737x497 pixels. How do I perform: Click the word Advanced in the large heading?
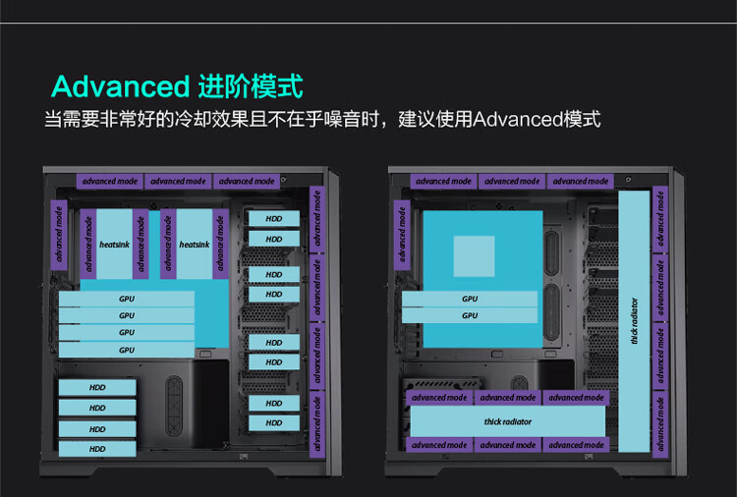click(x=119, y=86)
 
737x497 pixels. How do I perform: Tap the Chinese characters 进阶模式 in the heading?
click(x=250, y=85)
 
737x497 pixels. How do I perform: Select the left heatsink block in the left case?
click(x=111, y=244)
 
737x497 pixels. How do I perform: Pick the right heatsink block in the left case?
click(x=194, y=244)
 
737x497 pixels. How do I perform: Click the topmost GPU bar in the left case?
click(x=127, y=298)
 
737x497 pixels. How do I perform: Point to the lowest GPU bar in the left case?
click(x=127, y=350)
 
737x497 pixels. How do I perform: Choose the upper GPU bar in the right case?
click(x=470, y=299)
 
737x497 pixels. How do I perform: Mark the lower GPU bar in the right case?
click(x=470, y=316)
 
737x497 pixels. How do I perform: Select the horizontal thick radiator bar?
click(x=508, y=421)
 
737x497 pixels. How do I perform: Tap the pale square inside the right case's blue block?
click(x=474, y=255)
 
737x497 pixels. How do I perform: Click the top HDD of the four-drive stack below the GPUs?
click(x=97, y=387)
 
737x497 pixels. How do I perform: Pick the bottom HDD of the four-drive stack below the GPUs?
click(x=97, y=449)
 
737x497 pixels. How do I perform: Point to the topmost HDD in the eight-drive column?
click(x=274, y=218)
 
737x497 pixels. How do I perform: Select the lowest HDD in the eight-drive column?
click(x=274, y=423)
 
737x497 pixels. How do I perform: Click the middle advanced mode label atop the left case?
click(x=178, y=181)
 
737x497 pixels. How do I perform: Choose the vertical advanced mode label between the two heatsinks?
click(x=141, y=244)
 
